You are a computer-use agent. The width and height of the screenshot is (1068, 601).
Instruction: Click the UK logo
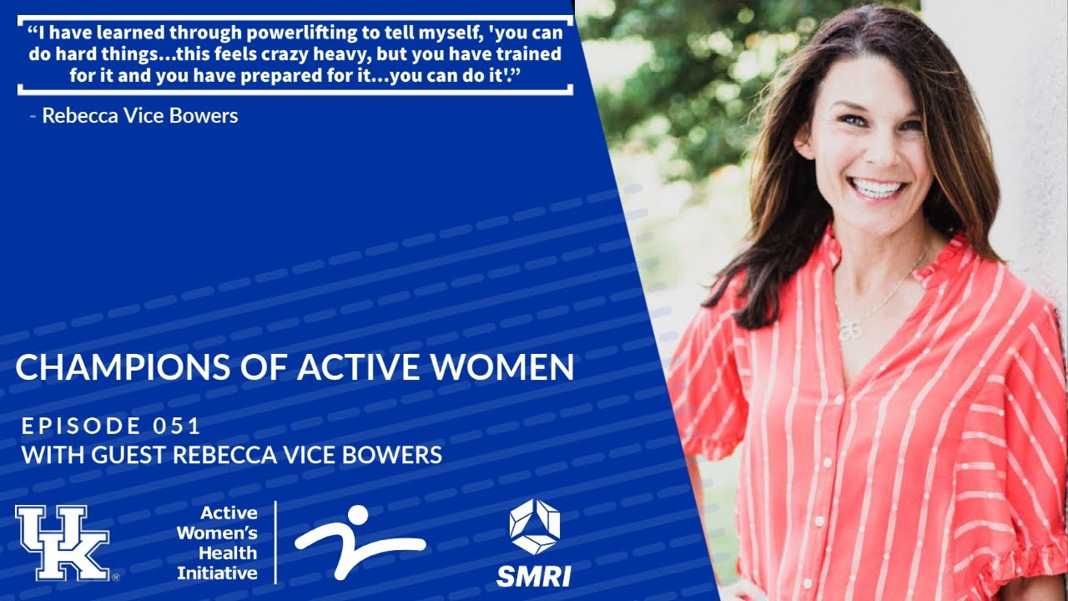point(63,543)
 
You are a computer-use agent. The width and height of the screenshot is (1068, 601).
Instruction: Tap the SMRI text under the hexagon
point(534,575)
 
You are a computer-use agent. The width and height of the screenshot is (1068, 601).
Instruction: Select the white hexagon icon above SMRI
point(534,526)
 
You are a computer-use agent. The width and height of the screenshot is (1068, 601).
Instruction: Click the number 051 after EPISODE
point(176,427)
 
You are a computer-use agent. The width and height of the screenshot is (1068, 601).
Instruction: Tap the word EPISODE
point(82,427)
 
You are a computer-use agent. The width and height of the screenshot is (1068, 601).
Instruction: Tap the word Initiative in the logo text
point(217,573)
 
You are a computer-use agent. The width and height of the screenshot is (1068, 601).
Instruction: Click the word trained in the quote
point(531,54)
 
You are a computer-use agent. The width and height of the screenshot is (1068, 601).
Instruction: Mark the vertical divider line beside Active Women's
point(275,542)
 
